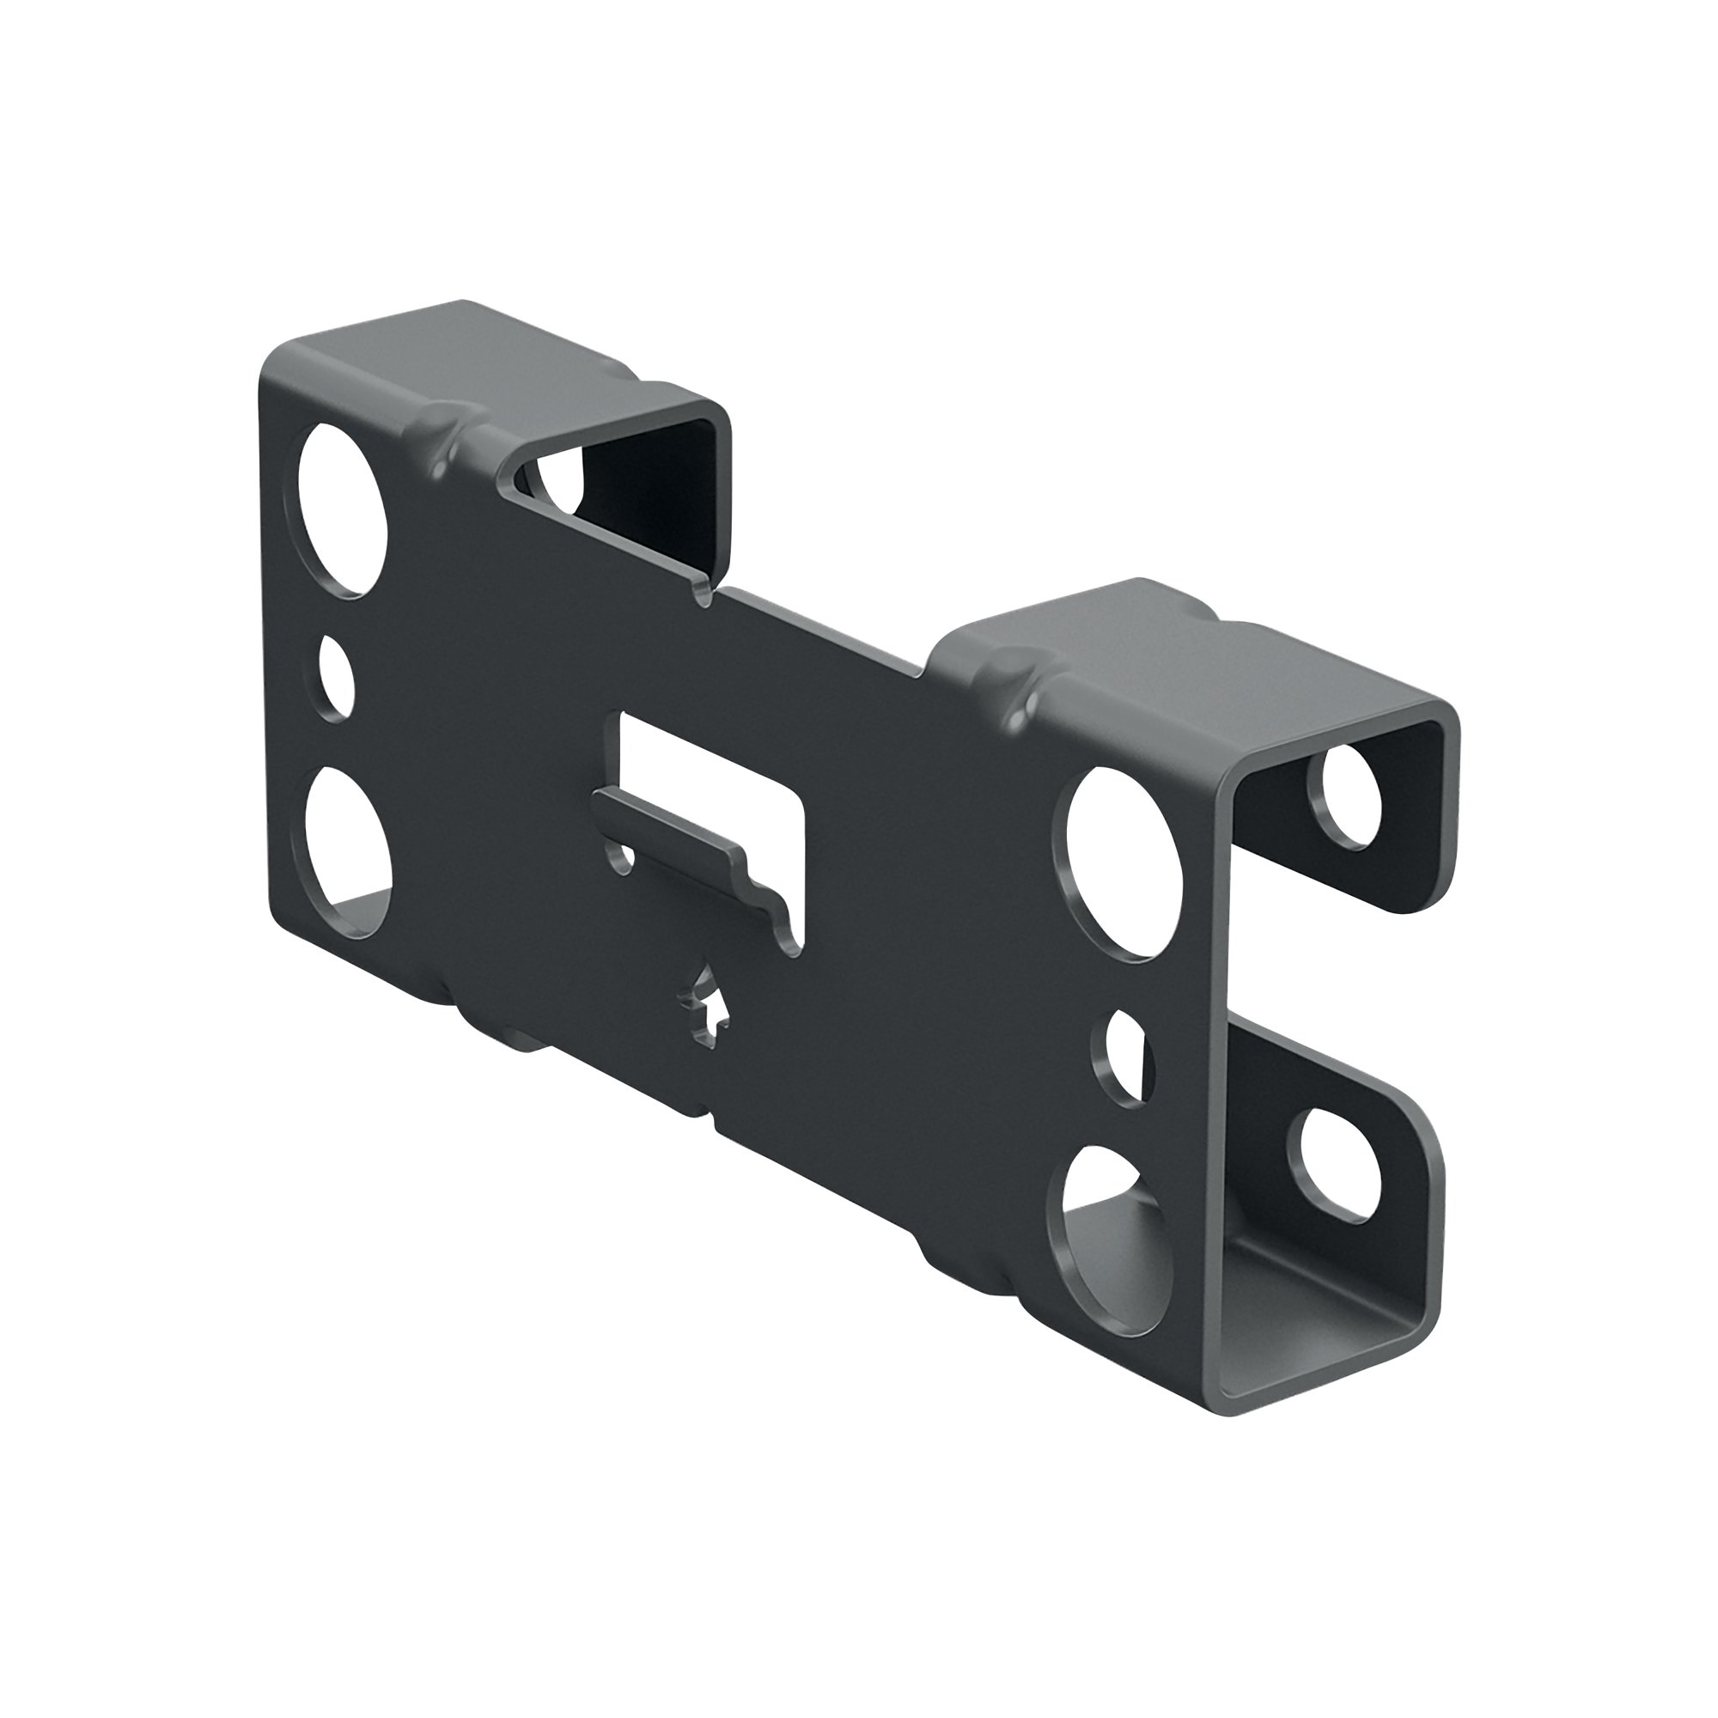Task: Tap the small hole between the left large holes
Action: [336, 676]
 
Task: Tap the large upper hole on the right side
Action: [1118, 860]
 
